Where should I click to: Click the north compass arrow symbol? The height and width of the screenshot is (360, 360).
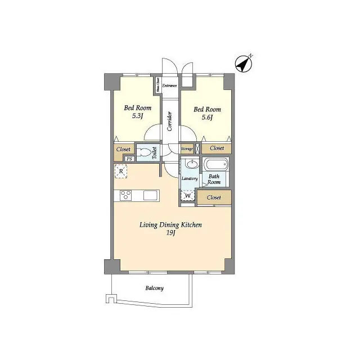[244, 65]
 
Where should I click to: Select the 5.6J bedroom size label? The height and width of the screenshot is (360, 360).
[207, 118]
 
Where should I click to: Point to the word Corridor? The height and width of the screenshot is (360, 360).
[169, 120]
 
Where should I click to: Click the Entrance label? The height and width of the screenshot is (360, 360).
[170, 85]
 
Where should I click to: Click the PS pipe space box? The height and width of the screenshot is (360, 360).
[129, 159]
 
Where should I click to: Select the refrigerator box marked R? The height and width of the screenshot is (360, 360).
[121, 172]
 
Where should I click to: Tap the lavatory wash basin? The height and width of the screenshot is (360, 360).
[191, 165]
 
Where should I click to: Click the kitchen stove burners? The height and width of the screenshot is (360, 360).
[125, 195]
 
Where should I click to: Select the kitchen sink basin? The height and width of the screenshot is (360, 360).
[150, 195]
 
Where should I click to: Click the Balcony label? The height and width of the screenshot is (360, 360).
[155, 288]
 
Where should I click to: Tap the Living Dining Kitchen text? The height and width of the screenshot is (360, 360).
[171, 225]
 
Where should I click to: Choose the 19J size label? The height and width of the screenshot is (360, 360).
[171, 233]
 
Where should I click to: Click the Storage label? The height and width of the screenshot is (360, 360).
[187, 148]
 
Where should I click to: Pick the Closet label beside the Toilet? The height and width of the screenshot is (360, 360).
[123, 150]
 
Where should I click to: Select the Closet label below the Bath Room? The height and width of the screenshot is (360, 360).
[214, 197]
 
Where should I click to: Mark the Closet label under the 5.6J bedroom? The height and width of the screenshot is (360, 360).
[217, 148]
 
